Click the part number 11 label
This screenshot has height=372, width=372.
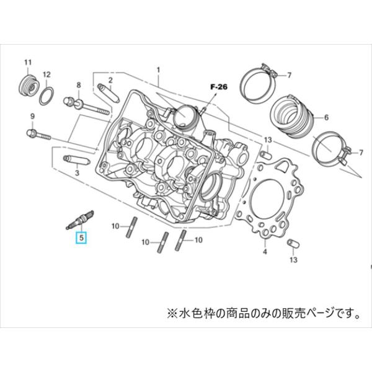27,63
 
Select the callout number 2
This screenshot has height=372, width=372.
110,80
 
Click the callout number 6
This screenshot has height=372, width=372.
326,116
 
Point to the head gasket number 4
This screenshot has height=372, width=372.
265,251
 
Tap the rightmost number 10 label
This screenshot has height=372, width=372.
199,239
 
